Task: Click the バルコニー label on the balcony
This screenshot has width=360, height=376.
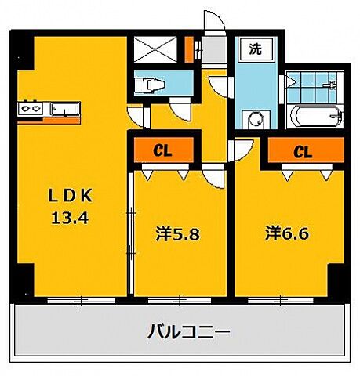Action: [x=189, y=332]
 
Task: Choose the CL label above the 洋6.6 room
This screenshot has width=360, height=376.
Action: [x=302, y=151]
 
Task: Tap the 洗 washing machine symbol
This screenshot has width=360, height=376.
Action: [x=256, y=49]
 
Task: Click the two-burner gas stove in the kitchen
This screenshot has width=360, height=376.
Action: [x=31, y=106]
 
